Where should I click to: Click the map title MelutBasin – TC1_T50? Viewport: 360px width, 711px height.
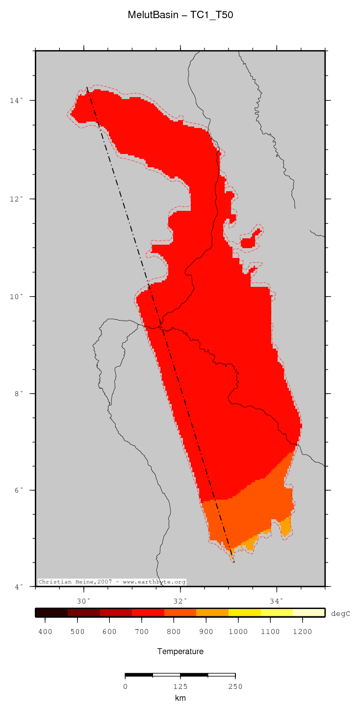pos(180,15)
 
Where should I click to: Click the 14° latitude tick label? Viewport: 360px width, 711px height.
pos(18,101)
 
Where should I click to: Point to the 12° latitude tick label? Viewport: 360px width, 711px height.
pos(18,199)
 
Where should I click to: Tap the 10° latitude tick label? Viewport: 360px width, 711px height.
pos(18,297)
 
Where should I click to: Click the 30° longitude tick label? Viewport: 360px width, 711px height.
pos(83,601)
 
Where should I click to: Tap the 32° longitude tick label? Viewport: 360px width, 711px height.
pos(180,601)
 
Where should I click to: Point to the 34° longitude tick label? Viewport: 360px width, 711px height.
pos(276,601)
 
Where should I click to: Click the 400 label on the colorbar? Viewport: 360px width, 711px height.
pos(45,632)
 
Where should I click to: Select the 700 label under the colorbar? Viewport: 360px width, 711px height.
pos(142,632)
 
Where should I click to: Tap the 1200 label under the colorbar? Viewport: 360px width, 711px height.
pos(302,632)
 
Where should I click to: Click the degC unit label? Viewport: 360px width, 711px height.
pos(341,613)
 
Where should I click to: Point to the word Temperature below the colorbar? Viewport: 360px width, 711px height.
pos(180,652)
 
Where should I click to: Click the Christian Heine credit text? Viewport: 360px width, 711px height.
pos(112,582)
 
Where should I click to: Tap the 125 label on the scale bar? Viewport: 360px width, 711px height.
pos(180,686)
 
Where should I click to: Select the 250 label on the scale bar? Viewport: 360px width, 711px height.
pos(235,686)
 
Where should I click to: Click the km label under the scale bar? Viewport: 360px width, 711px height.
pos(180,698)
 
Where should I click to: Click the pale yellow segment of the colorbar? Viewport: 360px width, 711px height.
pos(309,612)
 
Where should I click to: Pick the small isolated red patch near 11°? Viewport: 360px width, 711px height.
pos(249,241)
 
